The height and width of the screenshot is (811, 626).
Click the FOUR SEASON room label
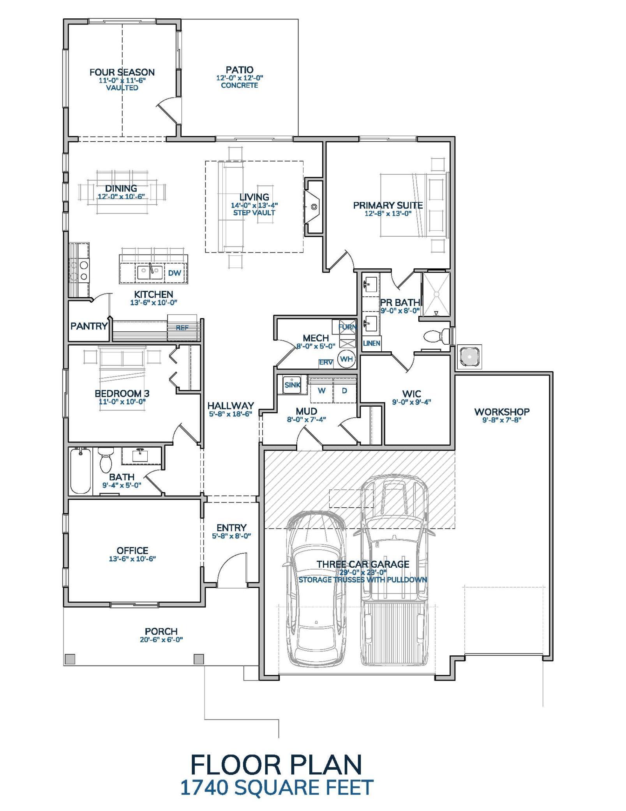click(122, 72)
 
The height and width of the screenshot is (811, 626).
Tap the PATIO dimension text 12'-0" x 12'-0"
click(239, 78)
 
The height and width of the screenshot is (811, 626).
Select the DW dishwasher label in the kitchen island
click(175, 273)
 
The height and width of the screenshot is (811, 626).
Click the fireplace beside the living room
click(314, 207)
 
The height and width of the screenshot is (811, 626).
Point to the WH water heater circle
click(346, 359)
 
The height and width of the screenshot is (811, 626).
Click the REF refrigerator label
click(182, 328)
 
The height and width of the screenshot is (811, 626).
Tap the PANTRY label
click(89, 326)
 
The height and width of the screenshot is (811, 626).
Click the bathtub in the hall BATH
click(81, 471)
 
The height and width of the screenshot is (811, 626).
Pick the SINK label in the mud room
click(292, 385)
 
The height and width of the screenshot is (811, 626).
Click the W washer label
click(322, 391)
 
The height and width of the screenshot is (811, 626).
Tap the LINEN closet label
click(372, 344)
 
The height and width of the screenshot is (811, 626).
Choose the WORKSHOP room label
click(501, 412)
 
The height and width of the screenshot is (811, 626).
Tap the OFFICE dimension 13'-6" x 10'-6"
click(132, 559)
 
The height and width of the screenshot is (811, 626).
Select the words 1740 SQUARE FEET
click(277, 787)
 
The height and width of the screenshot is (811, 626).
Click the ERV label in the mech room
click(326, 362)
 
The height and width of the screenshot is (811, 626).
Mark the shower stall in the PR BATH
click(436, 294)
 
